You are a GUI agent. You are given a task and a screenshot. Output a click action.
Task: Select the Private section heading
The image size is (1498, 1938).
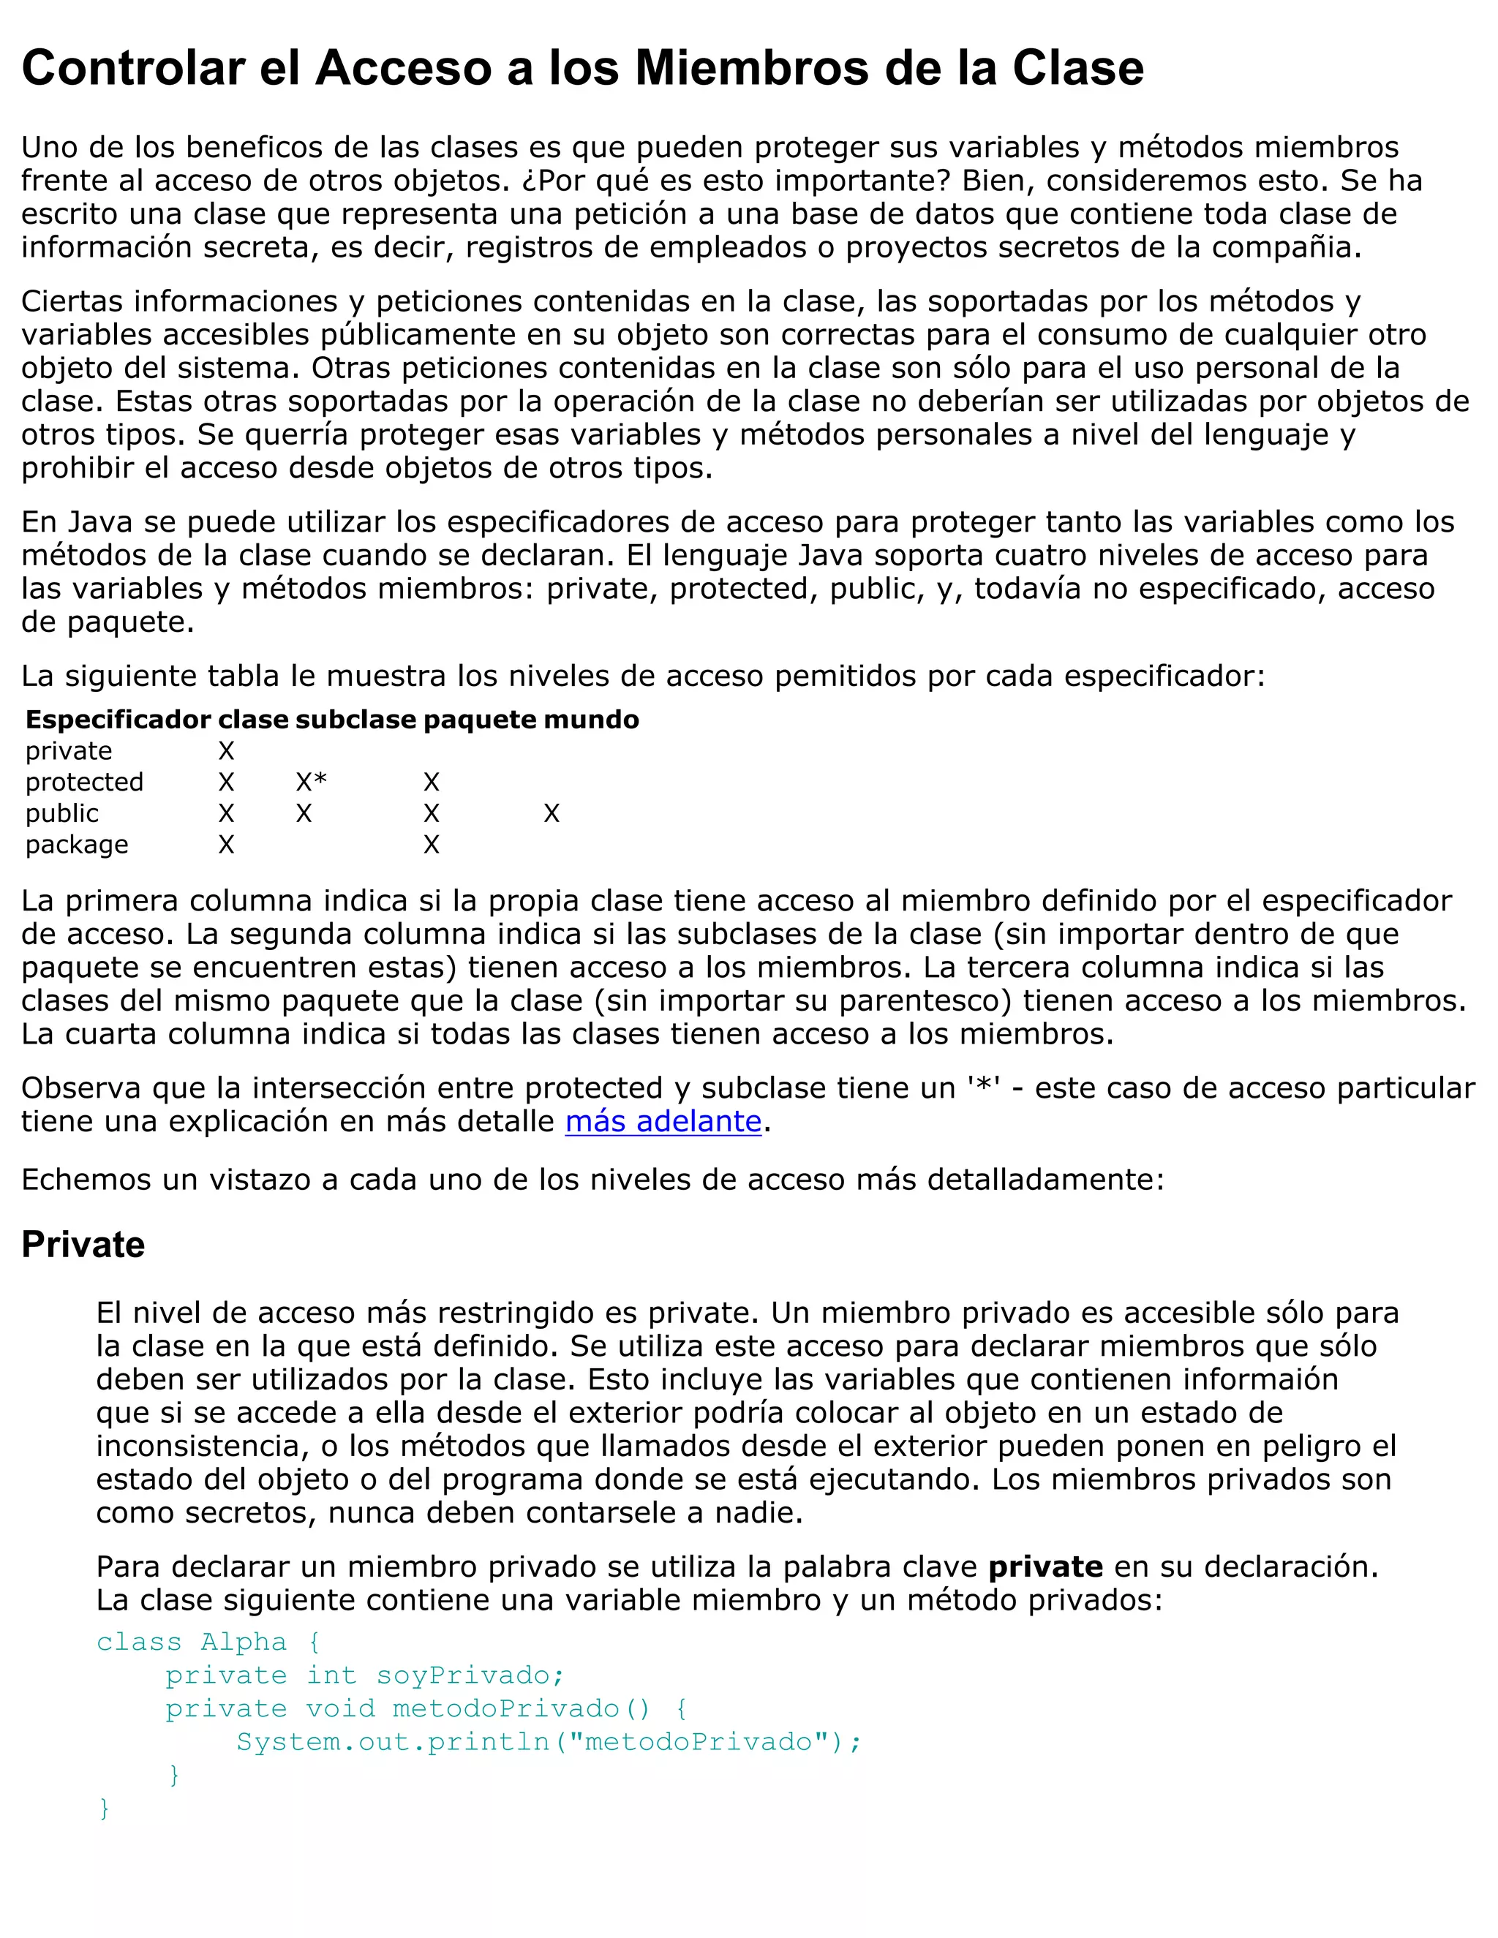tap(83, 1244)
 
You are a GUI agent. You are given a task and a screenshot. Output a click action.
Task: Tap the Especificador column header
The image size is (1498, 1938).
tap(118, 719)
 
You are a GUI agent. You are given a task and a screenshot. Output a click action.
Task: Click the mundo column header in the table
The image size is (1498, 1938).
tap(591, 719)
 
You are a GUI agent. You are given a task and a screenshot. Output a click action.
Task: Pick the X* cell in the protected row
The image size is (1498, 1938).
tap(311, 782)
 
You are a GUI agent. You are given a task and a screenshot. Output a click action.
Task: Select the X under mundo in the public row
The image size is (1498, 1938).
tap(551, 812)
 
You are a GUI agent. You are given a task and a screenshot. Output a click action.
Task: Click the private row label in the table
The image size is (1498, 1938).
tap(68, 751)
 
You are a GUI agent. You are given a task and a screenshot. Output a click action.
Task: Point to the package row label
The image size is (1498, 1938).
tap(76, 844)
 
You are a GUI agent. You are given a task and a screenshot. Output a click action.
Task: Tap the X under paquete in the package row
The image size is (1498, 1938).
tap(432, 844)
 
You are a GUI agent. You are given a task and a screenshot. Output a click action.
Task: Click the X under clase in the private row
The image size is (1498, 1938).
tap(226, 751)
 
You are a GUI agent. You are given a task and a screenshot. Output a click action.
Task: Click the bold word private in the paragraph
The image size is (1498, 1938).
tap(1045, 1566)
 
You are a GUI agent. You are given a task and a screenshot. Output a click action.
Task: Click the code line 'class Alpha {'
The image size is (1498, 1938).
tap(208, 1642)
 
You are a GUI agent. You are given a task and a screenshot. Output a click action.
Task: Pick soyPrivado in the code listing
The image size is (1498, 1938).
tap(470, 1675)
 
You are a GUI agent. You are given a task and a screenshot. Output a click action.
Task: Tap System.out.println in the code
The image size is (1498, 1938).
tap(393, 1742)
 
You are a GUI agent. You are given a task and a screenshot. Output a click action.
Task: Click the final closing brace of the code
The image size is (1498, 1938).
tap(105, 1808)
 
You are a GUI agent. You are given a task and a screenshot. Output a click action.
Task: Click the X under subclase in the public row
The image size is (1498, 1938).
tap(304, 812)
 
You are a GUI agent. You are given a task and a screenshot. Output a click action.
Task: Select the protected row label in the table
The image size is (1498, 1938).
tap(83, 782)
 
